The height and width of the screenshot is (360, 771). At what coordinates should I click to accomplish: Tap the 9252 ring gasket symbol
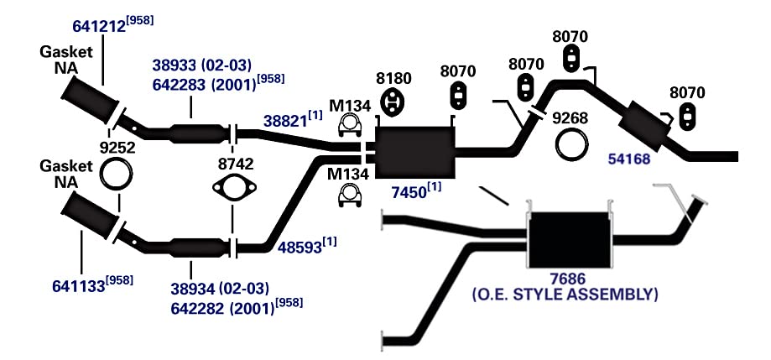(116, 174)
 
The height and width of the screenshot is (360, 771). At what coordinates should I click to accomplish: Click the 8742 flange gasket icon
(235, 187)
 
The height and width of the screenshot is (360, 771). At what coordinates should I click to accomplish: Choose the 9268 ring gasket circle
(571, 143)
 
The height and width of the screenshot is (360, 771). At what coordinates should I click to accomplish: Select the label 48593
(301, 247)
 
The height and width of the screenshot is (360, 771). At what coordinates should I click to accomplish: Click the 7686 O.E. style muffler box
(569, 240)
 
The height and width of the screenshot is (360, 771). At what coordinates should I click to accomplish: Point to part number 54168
(629, 159)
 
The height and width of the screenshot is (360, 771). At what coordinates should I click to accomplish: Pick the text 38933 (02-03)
(201, 65)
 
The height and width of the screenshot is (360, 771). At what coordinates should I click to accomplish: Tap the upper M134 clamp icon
(350, 127)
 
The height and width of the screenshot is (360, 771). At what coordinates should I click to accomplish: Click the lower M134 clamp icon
(350, 196)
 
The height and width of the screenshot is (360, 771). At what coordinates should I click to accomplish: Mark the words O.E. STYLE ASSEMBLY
(565, 295)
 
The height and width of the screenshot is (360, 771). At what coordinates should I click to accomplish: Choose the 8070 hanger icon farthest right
(686, 116)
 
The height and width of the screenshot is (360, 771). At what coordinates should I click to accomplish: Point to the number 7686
(569, 279)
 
